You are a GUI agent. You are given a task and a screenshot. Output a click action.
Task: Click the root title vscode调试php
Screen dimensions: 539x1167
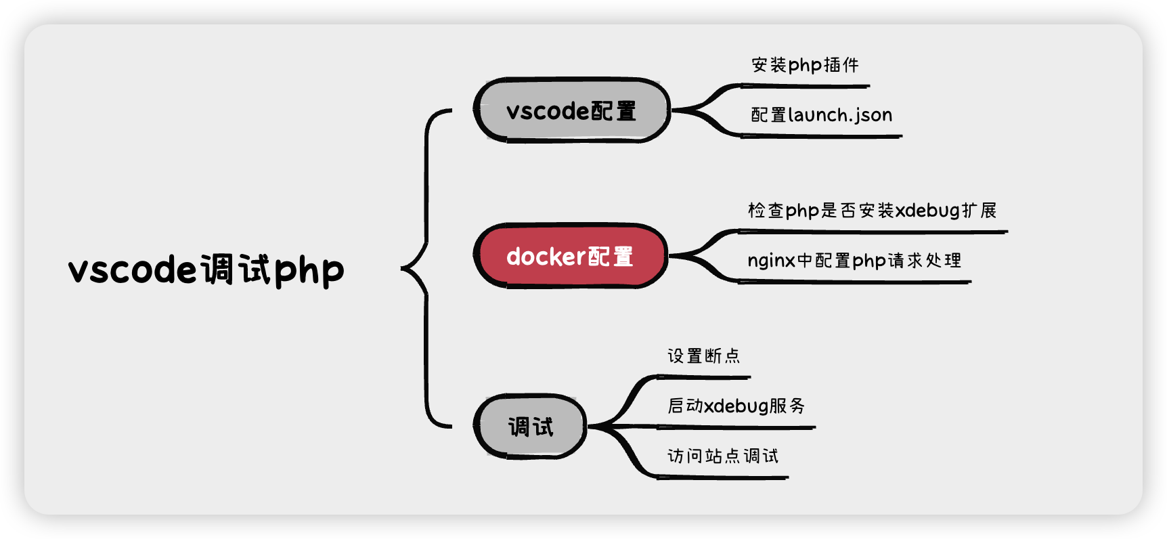click(206, 269)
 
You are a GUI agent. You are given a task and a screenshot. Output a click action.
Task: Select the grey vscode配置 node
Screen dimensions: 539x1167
click(571, 110)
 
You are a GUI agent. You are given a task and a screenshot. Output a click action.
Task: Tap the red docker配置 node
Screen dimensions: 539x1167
click(570, 256)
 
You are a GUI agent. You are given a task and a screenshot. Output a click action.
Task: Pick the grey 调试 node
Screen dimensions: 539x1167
click(530, 427)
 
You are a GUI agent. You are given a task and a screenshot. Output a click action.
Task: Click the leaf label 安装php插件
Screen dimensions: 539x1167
click(805, 65)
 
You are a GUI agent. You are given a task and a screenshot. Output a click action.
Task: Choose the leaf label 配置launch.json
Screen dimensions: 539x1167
click(821, 115)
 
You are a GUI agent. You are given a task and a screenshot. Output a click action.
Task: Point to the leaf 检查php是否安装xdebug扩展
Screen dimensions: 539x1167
click(872, 211)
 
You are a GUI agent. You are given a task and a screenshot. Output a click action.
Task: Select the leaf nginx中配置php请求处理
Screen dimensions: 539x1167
click(854, 261)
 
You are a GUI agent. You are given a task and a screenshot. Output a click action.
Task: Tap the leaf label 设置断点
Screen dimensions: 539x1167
click(703, 355)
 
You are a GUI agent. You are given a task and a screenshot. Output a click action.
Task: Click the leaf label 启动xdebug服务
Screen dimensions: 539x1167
click(736, 406)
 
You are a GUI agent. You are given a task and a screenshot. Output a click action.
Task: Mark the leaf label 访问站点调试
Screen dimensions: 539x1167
click(722, 456)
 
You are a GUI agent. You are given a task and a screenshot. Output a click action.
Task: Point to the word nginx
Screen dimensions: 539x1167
click(771, 261)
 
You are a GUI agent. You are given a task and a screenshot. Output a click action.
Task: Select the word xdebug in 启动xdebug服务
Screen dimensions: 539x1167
click(736, 406)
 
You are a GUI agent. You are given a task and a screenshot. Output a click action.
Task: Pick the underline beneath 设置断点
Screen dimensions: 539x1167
click(704, 377)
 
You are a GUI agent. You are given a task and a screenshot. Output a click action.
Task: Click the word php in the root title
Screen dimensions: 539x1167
click(309, 271)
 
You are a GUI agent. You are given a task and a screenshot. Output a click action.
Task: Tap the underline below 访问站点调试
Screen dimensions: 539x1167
click(722, 477)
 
